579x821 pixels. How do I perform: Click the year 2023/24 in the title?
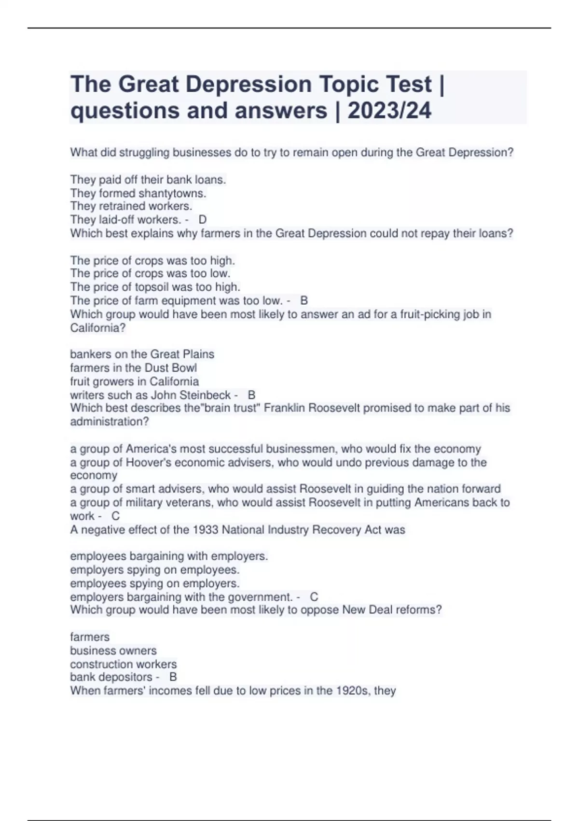[389, 111]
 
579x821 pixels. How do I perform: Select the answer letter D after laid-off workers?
[203, 220]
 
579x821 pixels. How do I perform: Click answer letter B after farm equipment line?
[304, 300]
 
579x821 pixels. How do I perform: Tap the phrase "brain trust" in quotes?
[227, 408]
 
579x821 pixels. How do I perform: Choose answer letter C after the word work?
[116, 516]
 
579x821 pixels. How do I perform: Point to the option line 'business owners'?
[113, 651]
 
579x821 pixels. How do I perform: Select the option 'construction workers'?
[124, 664]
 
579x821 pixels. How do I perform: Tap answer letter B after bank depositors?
[173, 677]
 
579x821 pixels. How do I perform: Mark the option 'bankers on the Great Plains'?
[142, 354]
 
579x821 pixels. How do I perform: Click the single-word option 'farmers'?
[90, 637]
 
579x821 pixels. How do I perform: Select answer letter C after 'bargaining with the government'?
[314, 597]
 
